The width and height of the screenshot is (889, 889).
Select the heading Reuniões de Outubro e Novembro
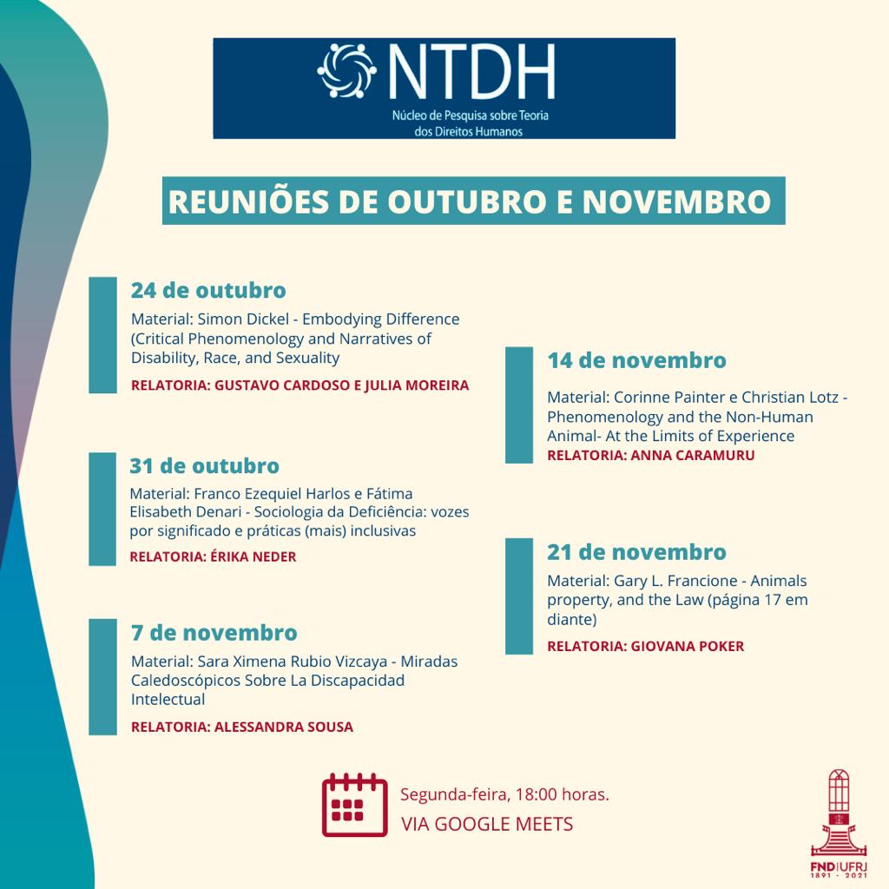click(470, 201)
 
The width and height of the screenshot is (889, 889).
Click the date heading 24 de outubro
click(208, 290)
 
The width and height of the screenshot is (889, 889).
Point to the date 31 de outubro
click(205, 466)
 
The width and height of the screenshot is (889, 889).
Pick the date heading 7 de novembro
click(214, 632)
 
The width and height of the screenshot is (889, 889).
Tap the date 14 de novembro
click(636, 359)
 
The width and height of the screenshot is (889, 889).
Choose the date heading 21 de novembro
click(636, 552)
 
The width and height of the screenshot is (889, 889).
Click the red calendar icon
click(354, 805)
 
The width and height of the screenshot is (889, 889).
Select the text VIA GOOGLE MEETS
click(486, 824)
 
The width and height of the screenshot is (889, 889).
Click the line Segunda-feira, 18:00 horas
click(504, 794)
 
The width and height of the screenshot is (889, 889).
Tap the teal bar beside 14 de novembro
click(518, 405)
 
